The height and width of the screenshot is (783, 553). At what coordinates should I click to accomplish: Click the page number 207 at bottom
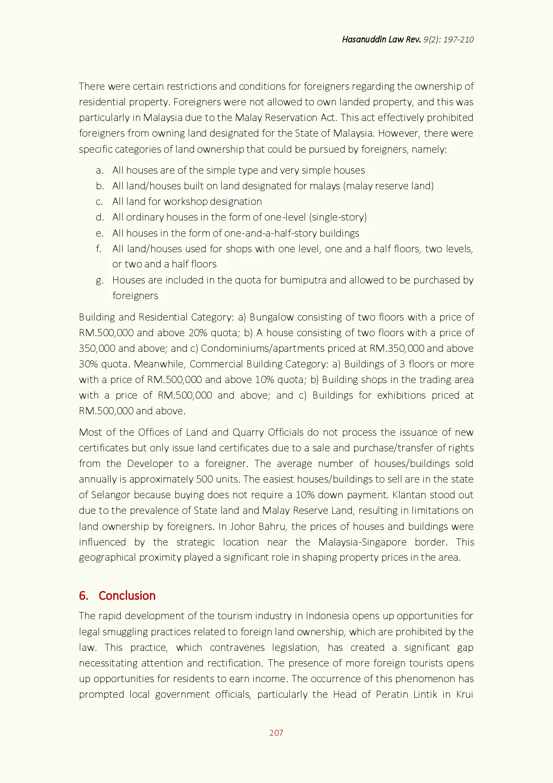pos(276,733)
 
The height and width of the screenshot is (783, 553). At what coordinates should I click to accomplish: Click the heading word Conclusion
pos(127,596)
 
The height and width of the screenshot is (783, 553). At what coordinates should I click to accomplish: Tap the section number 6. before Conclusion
pos(84,596)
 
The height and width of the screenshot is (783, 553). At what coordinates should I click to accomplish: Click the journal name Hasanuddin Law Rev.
pos(381,39)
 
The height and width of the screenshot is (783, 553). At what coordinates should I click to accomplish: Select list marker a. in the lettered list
pos(100,170)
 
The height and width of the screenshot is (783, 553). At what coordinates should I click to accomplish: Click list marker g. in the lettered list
pos(100,280)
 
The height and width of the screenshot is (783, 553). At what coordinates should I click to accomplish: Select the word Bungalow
pos(272,317)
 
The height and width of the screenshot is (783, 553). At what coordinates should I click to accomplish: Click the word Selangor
pos(111,495)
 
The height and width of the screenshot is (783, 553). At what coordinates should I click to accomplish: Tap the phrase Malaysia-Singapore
pos(362,542)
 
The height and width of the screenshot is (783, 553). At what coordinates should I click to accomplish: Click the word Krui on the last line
pos(464,694)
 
